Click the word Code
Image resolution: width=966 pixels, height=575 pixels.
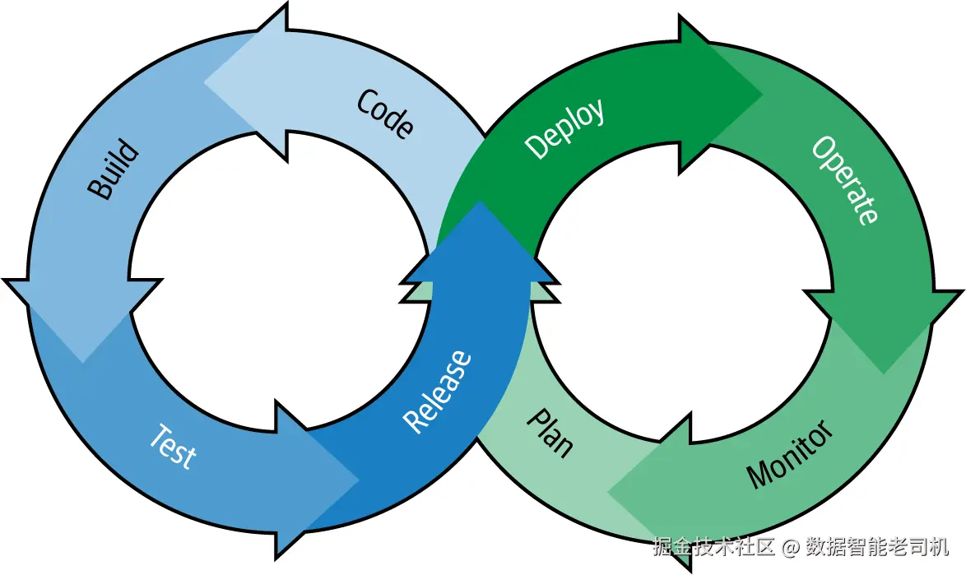point(385,114)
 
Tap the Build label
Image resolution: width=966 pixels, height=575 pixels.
point(113,169)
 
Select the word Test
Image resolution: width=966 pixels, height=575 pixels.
point(173,447)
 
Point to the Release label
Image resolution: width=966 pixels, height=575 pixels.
point(438,392)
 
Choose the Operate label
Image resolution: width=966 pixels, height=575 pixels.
point(845,180)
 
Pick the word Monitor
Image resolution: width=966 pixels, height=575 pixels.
point(789,454)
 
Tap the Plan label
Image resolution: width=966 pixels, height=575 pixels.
point(550,434)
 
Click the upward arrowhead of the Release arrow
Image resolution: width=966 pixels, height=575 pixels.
point(480,243)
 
